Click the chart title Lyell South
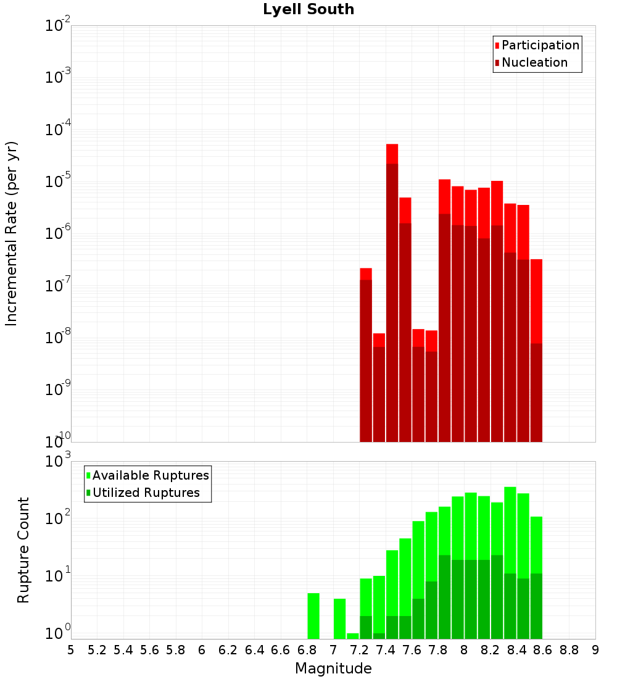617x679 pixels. point(308,9)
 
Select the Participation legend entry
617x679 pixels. point(537,45)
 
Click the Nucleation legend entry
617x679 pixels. point(531,62)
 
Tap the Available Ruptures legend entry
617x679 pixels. point(147,475)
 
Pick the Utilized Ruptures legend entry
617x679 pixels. point(143,493)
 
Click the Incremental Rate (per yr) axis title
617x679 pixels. point(11,234)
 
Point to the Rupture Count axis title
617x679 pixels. point(23,550)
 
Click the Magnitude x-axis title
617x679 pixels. point(333,668)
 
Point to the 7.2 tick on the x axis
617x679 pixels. point(359,650)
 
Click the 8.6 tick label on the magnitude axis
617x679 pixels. point(542,650)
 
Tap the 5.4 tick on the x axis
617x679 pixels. point(123,650)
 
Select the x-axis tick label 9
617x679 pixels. point(595,650)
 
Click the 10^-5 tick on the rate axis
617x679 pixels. point(57,181)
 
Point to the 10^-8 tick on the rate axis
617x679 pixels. point(57,336)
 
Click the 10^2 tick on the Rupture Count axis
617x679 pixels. point(57,517)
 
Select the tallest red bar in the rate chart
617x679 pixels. point(392,293)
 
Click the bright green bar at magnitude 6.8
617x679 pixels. point(313,616)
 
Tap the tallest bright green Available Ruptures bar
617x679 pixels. point(510,562)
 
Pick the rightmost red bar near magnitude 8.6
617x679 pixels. point(536,351)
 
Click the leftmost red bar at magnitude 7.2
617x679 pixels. point(366,355)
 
